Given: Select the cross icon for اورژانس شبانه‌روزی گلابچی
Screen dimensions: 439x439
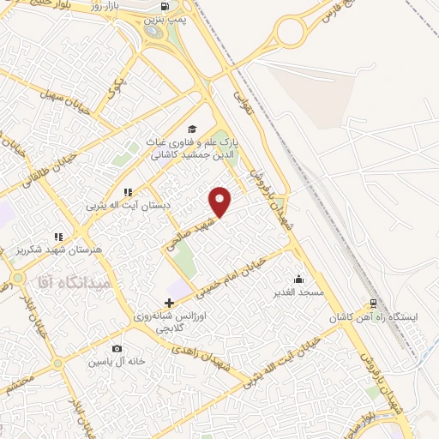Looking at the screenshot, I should (x=169, y=303).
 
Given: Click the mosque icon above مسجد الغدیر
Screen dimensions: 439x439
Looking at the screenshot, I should (x=298, y=279).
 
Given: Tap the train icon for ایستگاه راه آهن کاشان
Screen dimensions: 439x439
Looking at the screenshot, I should (x=373, y=304).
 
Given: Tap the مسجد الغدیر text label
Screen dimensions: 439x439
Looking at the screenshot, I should (x=298, y=292).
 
